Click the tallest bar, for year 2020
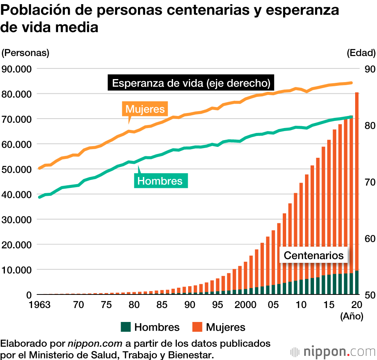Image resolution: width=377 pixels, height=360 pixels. pos(357,188)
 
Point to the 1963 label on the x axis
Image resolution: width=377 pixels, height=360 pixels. pos(40,304)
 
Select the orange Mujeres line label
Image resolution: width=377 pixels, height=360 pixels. pos(145,109)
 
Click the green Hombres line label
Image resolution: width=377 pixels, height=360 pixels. pos(160,181)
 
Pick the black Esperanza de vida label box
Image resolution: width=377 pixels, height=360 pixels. pos(191,83)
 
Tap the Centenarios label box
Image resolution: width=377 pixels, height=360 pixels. pos(314,255)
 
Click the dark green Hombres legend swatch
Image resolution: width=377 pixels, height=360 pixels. pos(126,327)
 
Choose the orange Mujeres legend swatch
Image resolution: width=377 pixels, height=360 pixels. pos(197,327)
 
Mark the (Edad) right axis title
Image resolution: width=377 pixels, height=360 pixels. pos(361,53)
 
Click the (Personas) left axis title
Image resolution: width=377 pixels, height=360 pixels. pos(26,53)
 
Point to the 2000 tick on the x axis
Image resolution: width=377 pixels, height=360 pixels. pos(245,304)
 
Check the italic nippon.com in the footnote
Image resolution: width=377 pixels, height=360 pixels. pos(95,343)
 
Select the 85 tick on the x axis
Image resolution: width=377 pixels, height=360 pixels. pos(162,304)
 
